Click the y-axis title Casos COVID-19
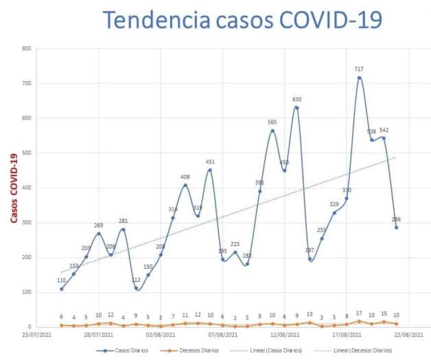[13, 188]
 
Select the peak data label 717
[359, 69]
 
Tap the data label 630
[296, 100]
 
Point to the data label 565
[272, 122]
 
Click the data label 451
[210, 162]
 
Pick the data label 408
[185, 177]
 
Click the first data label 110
[61, 281]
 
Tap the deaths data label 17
[359, 313]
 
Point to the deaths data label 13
[310, 315]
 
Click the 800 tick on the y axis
[26, 49]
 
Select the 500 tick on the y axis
[26, 153]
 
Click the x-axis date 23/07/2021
[36, 336]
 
